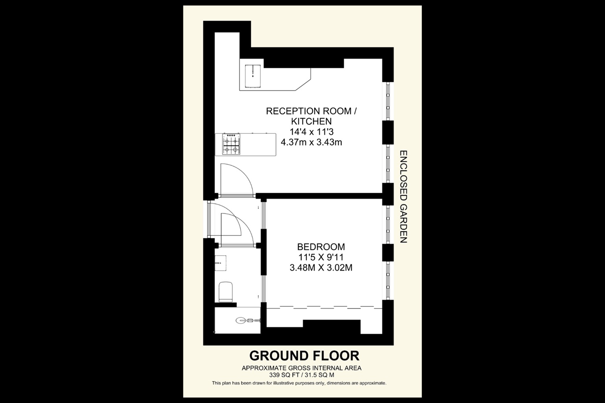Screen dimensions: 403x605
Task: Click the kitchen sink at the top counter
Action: point(253,76)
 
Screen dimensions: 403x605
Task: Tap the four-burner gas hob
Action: point(231,144)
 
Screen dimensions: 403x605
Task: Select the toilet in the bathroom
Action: point(226,292)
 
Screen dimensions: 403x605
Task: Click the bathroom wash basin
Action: point(220,263)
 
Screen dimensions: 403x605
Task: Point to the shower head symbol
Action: point(242,320)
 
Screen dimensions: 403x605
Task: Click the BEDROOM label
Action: point(321,247)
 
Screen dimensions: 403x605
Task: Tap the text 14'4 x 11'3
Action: point(311,132)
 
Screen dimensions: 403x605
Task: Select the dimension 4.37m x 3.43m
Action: point(311,142)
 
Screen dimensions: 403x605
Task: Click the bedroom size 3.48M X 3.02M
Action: point(321,267)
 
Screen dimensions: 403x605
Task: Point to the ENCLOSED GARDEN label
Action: point(403,197)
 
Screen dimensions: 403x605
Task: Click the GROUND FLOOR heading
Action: point(304,356)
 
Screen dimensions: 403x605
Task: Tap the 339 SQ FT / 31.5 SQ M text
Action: point(302,375)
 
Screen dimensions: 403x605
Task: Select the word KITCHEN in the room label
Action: point(311,121)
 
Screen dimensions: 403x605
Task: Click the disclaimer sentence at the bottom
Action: point(299,383)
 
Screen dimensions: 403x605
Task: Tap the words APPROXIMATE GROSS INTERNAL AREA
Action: point(301,368)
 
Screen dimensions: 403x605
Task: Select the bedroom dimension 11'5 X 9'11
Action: point(321,257)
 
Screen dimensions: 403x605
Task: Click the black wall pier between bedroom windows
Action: point(387,252)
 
